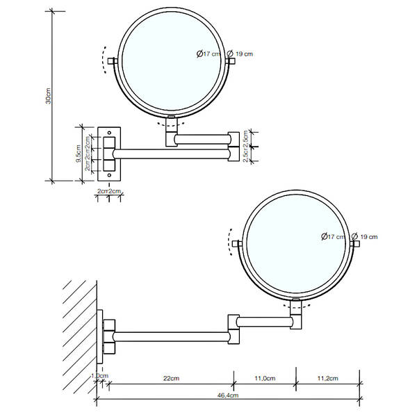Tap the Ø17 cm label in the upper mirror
(208, 54)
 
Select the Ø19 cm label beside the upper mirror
(243, 54)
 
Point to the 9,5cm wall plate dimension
(79, 151)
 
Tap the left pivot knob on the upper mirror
(112, 61)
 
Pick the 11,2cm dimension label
(327, 378)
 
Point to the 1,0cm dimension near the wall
(99, 376)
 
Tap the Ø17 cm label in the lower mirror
(333, 237)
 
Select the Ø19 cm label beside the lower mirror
(368, 237)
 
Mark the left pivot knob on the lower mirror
(237, 244)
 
